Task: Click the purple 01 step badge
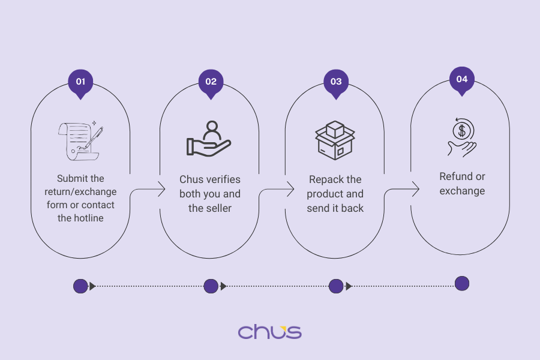[80, 82]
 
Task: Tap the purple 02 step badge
[211, 82]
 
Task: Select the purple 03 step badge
[336, 82]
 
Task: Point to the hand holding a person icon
[209, 139]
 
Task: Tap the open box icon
[335, 141]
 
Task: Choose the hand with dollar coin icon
[461, 137]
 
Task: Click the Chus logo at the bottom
[269, 332]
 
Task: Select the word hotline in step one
[88, 218]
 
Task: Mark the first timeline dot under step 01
[80, 286]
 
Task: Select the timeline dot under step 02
[211, 286]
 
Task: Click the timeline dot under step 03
[336, 286]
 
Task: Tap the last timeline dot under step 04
[461, 284]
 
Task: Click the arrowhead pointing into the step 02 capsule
[161, 190]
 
